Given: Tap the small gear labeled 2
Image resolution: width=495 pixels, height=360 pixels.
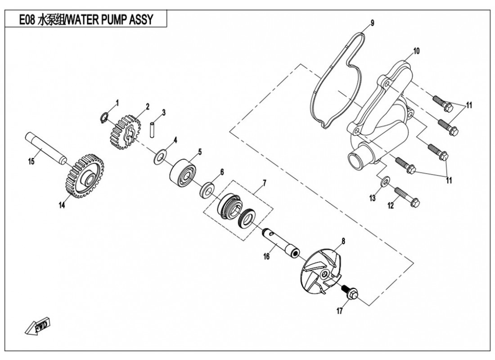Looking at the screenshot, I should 121,131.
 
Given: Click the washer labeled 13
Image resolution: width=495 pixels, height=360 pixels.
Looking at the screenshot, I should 386,181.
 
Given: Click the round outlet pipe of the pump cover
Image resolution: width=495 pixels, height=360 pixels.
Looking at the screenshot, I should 358,160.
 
